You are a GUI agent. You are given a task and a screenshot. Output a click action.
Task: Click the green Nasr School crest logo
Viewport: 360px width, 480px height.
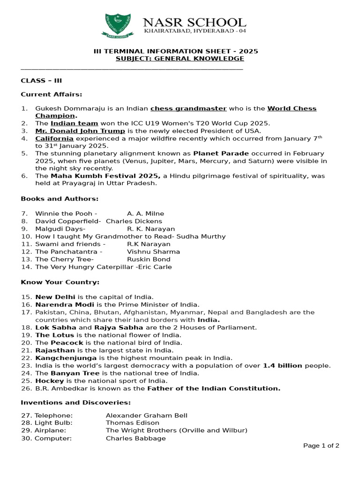[x=118, y=26]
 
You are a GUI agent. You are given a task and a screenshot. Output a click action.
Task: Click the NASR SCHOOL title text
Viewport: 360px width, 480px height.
[x=195, y=22]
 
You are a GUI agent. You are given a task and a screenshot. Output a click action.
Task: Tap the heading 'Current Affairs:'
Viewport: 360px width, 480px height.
[x=52, y=94]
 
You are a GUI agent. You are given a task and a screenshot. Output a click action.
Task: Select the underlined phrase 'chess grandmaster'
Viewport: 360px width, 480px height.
[x=188, y=108]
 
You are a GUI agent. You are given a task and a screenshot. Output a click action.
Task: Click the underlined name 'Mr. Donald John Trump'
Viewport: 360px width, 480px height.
[x=80, y=131]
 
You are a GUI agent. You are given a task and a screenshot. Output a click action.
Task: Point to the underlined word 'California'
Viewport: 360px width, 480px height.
[x=54, y=138]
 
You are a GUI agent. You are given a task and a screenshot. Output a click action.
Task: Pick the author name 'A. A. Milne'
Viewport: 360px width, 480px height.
[x=145, y=214]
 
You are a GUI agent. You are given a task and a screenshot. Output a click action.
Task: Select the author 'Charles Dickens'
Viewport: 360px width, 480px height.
[x=134, y=221]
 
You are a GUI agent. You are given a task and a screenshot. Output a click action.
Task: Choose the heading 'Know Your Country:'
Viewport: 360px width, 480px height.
[x=60, y=282]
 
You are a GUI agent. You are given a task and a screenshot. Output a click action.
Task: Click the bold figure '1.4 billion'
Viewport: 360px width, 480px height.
[x=282, y=366]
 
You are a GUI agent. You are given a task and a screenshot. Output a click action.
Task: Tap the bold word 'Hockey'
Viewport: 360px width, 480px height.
[x=49, y=381]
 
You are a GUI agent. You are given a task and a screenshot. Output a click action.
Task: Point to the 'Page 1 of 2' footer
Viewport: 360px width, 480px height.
[x=321, y=446]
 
